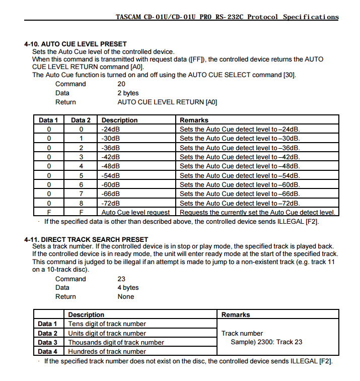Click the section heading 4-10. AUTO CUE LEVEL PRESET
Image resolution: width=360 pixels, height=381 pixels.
click(x=76, y=44)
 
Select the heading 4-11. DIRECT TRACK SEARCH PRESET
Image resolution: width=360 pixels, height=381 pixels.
click(x=86, y=239)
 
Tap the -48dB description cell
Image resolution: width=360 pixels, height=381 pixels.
click(x=111, y=166)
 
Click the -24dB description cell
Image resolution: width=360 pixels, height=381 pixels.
click(x=111, y=129)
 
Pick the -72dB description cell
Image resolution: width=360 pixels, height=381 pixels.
click(x=111, y=203)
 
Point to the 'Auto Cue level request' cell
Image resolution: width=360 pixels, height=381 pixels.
click(x=135, y=213)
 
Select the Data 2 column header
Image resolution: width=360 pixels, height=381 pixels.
click(x=81, y=120)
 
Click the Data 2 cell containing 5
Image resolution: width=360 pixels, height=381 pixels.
click(x=81, y=175)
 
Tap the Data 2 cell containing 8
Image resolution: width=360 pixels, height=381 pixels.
click(x=81, y=203)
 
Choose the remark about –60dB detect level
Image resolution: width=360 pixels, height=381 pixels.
click(x=240, y=184)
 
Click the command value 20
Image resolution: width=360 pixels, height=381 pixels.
click(x=121, y=84)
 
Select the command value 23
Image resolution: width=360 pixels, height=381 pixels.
click(x=121, y=279)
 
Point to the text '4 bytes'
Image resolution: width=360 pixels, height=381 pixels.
click(x=128, y=288)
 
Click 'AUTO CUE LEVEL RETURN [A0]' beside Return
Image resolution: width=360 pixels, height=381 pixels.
click(x=167, y=102)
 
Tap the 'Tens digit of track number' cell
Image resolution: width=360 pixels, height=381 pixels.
click(x=107, y=324)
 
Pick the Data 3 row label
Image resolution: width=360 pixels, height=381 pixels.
click(x=48, y=342)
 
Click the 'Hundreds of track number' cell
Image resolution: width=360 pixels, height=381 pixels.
click(x=107, y=351)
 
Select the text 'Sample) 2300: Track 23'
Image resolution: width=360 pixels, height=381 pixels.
click(x=266, y=342)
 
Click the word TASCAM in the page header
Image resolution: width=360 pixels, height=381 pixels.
click(x=129, y=17)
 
